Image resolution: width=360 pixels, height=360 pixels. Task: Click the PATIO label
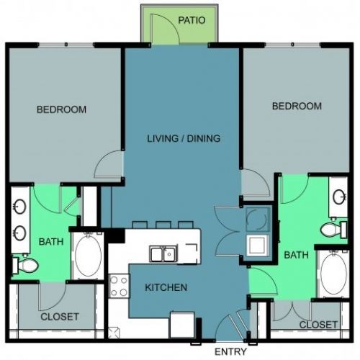(192, 20)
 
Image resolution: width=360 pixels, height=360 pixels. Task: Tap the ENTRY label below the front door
(230, 351)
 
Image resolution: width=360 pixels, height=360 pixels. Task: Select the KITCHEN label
(166, 287)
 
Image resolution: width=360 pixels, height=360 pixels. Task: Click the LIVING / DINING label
(184, 138)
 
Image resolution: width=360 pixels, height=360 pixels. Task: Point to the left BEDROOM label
(61, 109)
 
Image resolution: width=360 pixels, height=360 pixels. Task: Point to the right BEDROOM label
(297, 106)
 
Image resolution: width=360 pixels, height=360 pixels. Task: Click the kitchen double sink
(163, 253)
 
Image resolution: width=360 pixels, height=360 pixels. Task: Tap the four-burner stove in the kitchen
(119, 286)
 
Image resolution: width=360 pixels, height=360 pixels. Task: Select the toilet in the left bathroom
(25, 265)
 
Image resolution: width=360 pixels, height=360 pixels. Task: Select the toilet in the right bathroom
(333, 230)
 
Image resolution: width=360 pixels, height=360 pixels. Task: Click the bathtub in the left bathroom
(88, 256)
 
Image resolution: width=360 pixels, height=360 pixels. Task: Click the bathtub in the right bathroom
(333, 274)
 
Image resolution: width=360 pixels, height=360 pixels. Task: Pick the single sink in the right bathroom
(339, 197)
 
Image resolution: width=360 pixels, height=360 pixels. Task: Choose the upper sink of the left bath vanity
(20, 206)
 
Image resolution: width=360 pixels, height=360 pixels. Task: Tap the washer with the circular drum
(257, 220)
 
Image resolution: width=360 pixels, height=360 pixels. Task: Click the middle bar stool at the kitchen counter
(163, 225)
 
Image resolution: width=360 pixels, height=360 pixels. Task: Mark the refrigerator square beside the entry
(182, 325)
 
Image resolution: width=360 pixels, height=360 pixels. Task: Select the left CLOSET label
(60, 317)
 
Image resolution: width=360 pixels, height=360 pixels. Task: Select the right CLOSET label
(318, 325)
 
